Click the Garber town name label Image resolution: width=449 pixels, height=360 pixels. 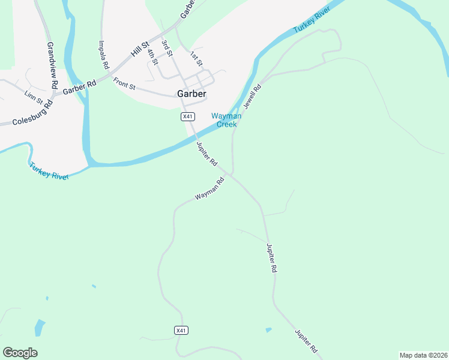click(191, 94)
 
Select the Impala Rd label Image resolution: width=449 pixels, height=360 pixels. click(103, 54)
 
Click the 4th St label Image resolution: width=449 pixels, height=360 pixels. click(152, 54)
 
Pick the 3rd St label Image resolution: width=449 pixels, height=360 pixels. click(167, 49)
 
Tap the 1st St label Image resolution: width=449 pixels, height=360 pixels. click(196, 58)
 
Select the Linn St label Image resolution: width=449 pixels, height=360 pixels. click(34, 95)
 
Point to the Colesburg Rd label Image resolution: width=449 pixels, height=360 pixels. click(34, 112)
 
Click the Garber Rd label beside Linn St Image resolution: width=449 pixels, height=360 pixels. click(79, 87)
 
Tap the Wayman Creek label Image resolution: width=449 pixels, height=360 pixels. click(226, 120)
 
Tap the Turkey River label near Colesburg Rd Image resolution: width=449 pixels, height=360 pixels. click(49, 171)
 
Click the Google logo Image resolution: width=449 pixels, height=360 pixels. click(20, 352)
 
